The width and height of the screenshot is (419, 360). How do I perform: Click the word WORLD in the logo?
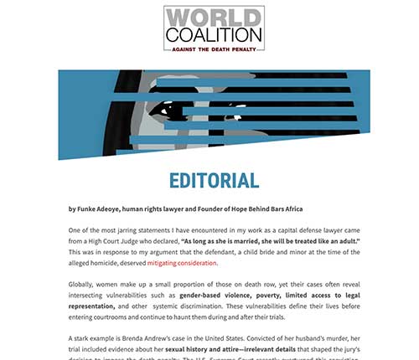[x=213, y=18]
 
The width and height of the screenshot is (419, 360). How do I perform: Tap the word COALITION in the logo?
[x=213, y=35]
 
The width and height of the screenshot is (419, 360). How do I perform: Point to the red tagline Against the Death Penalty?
[x=213, y=49]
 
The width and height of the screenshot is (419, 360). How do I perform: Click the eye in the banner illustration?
[x=170, y=108]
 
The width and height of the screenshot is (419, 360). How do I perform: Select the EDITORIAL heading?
[x=214, y=181]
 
